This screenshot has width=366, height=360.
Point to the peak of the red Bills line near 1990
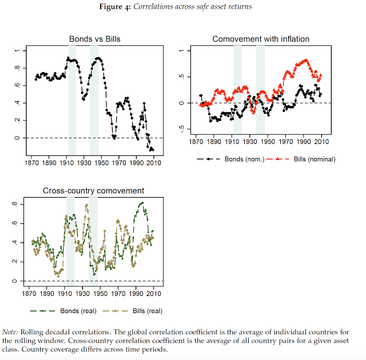306,59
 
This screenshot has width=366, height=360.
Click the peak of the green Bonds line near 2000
141,202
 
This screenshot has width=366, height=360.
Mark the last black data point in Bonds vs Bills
153,149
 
